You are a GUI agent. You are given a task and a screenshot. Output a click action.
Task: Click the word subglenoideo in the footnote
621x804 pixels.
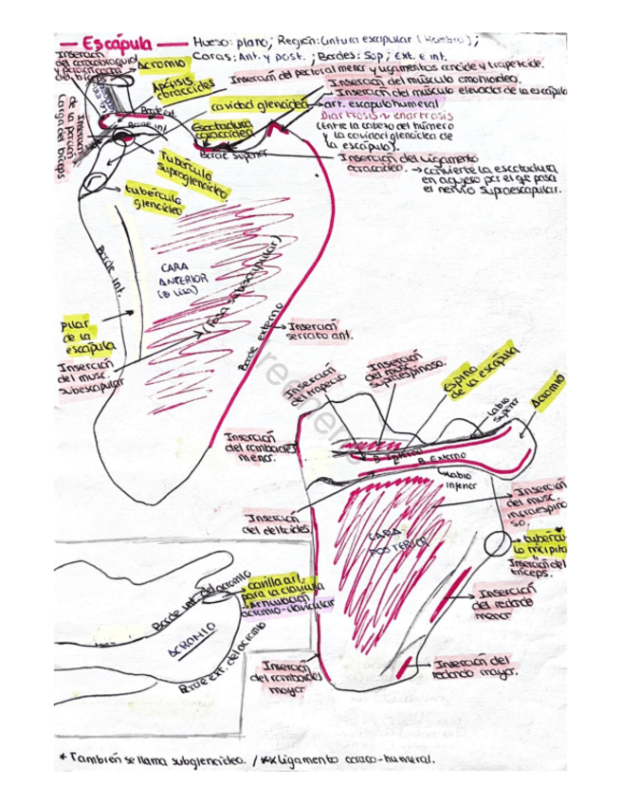coord(201,758)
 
